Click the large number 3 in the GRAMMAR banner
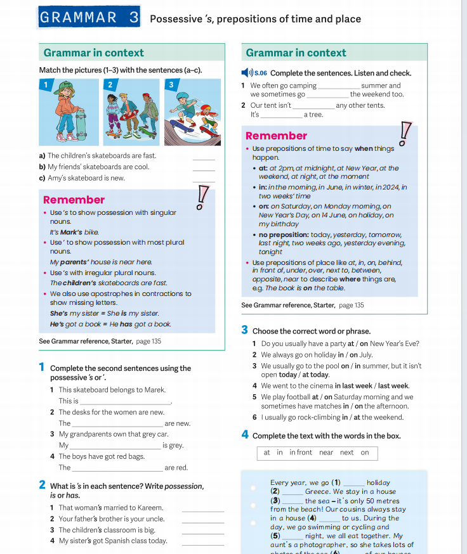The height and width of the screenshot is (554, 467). click(133, 17)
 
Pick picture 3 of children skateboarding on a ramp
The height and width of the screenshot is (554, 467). click(192, 112)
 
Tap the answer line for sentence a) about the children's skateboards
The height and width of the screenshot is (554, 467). click(204, 158)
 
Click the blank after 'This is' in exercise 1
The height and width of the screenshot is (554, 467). click(126, 402)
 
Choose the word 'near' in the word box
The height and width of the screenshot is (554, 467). click(326, 453)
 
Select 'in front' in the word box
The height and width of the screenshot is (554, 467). click(301, 453)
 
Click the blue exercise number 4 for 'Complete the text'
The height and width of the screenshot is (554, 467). click(245, 435)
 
